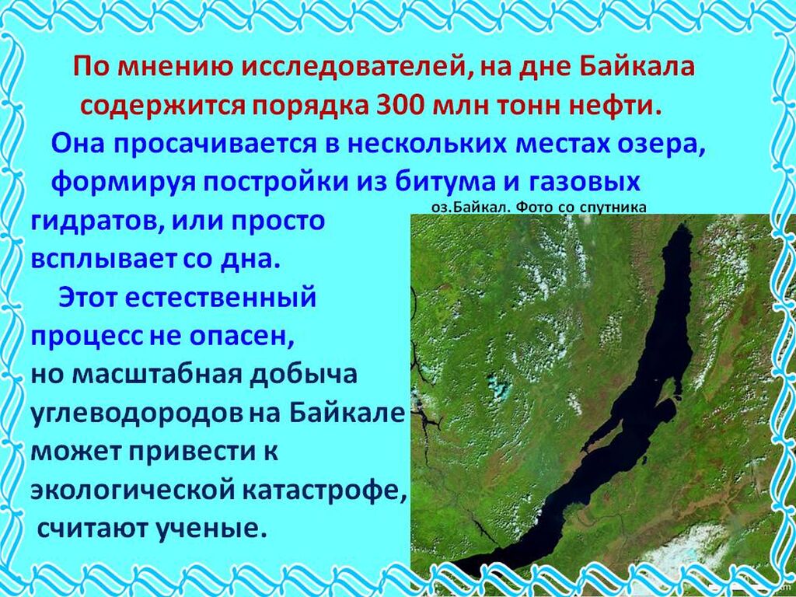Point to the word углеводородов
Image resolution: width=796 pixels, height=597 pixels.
tap(137, 414)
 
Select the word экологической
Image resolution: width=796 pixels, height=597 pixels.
tap(130, 491)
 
